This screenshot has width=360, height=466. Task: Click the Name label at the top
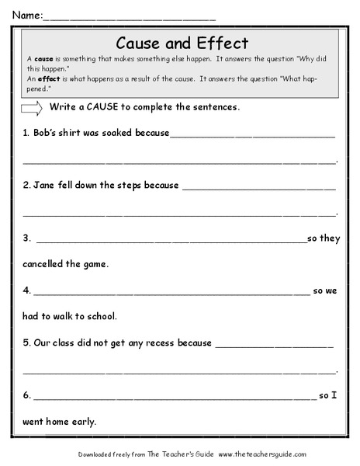pos(23,14)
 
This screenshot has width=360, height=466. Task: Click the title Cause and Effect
pos(181,43)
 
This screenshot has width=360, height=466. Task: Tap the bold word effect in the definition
pos(48,78)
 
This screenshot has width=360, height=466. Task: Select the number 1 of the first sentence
pos(26,133)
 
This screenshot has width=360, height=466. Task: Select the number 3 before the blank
pos(26,238)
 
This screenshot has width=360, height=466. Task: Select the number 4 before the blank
pos(26,290)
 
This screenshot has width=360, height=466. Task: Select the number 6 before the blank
pos(26,395)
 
